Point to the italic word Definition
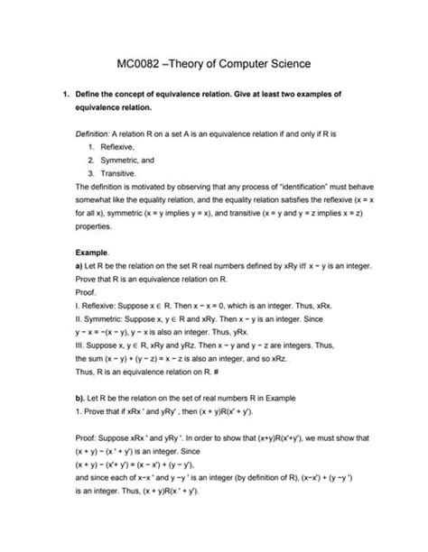pyautogui.click(x=94, y=133)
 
